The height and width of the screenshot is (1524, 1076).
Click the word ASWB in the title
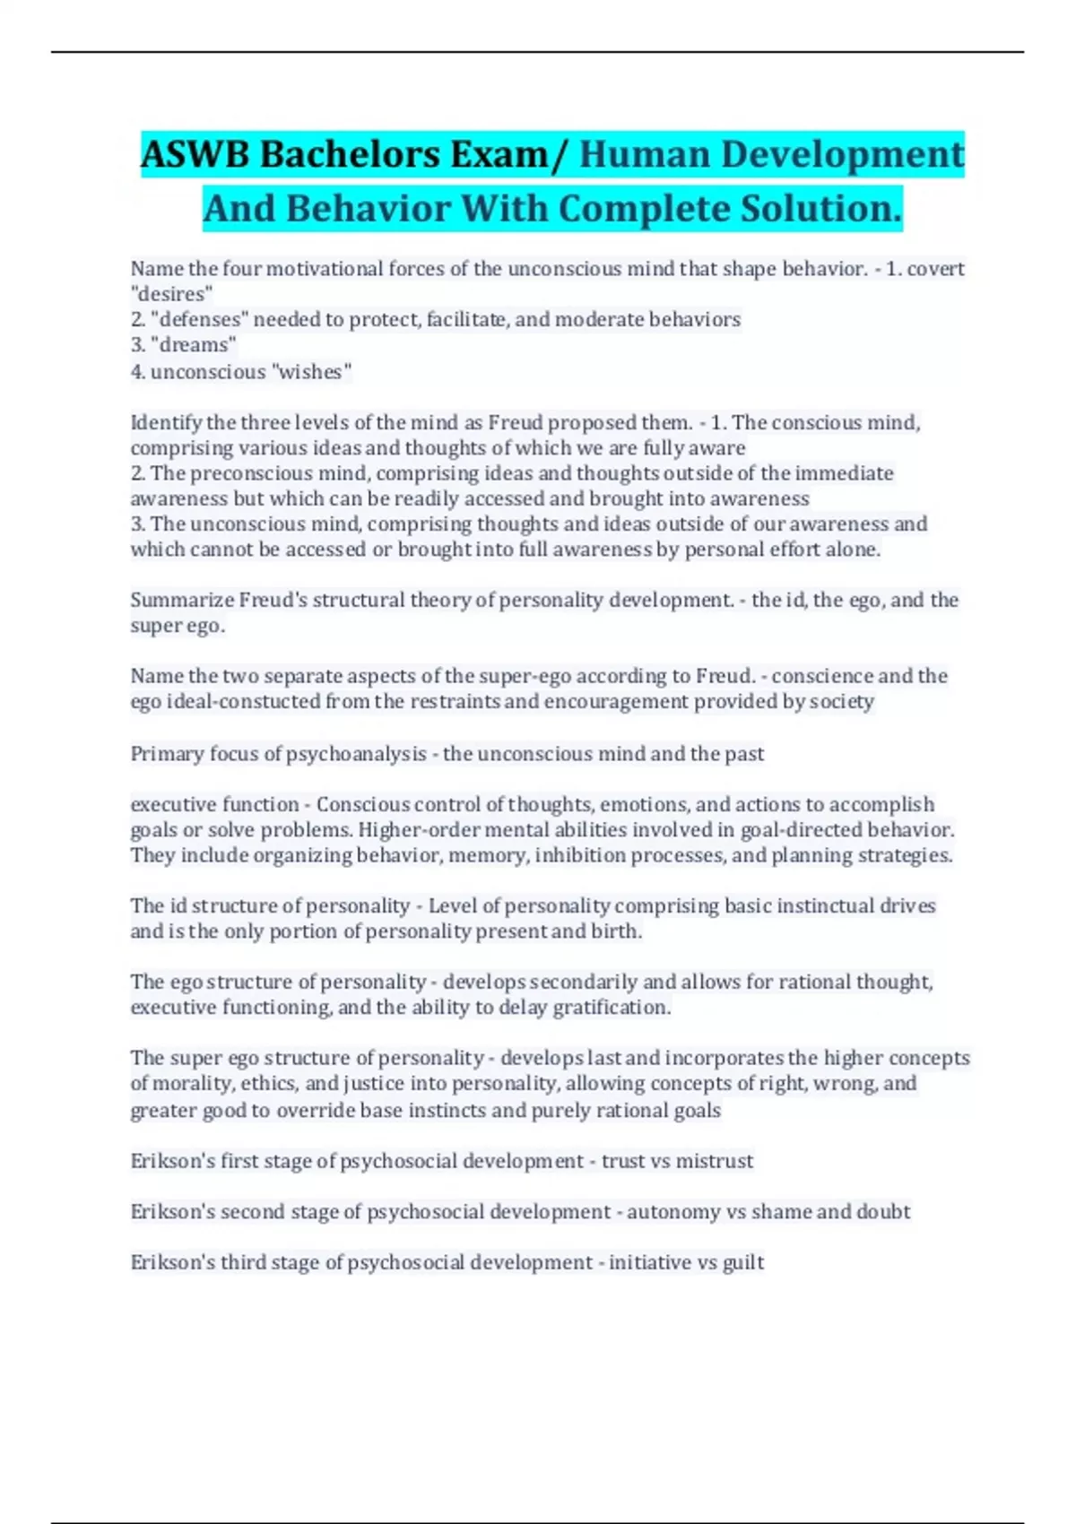195,154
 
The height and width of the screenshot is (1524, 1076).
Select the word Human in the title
645,154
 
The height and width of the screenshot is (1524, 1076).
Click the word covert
935,268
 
